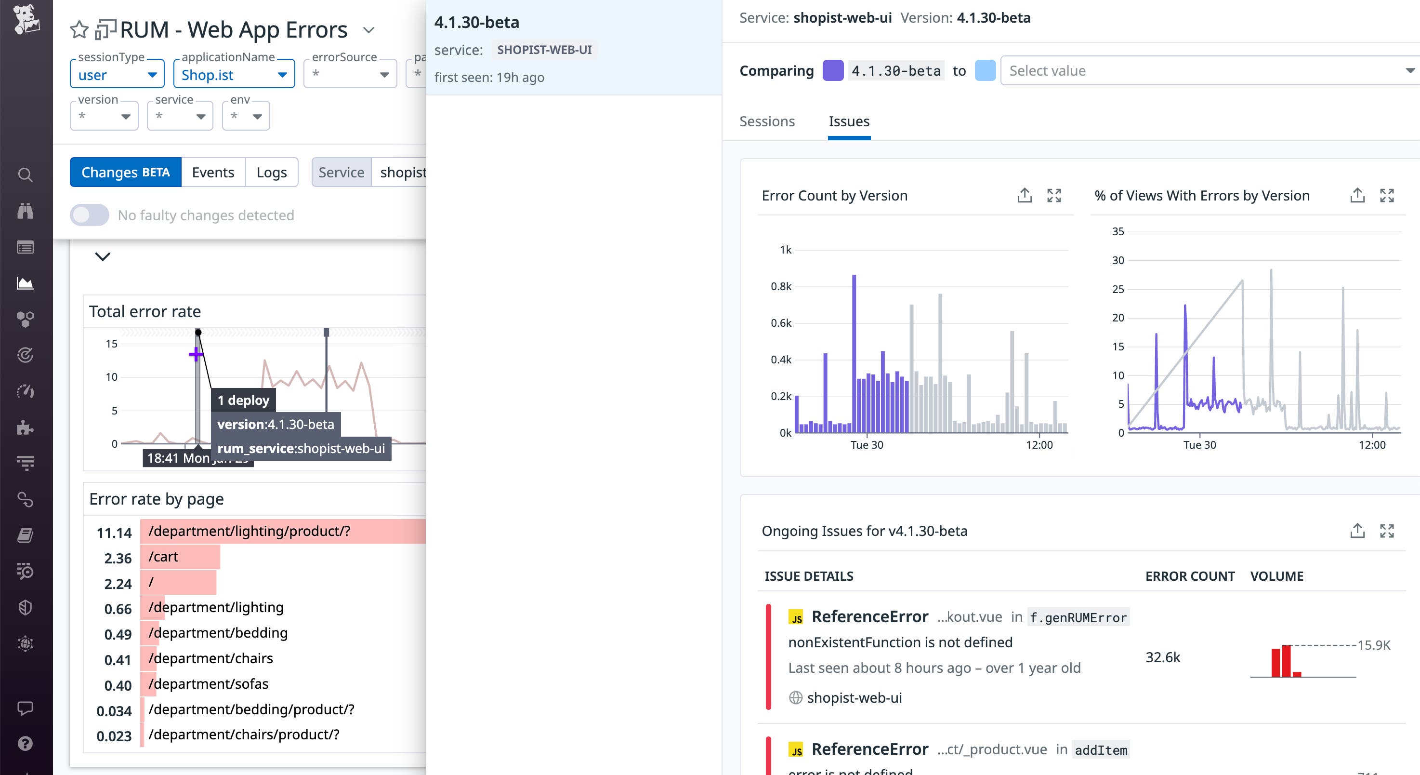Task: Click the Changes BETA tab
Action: [x=125, y=172]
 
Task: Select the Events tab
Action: [x=213, y=172]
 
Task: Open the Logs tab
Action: [x=271, y=172]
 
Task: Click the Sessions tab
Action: [x=767, y=121]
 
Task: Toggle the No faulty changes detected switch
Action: [x=89, y=215]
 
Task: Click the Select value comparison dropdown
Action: [x=1207, y=70]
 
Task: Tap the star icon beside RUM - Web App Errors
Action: [x=79, y=30]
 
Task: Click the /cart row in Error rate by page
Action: [x=163, y=557]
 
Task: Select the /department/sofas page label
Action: [x=209, y=684]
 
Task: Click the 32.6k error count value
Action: [x=1163, y=657]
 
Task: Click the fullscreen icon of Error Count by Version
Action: [x=1054, y=195]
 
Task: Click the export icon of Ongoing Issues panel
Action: [x=1357, y=531]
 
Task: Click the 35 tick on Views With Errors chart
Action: [x=1118, y=232]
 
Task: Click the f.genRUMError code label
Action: [x=1078, y=617]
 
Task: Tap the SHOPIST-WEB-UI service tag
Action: [x=544, y=50]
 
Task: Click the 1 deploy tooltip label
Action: [x=243, y=400]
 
